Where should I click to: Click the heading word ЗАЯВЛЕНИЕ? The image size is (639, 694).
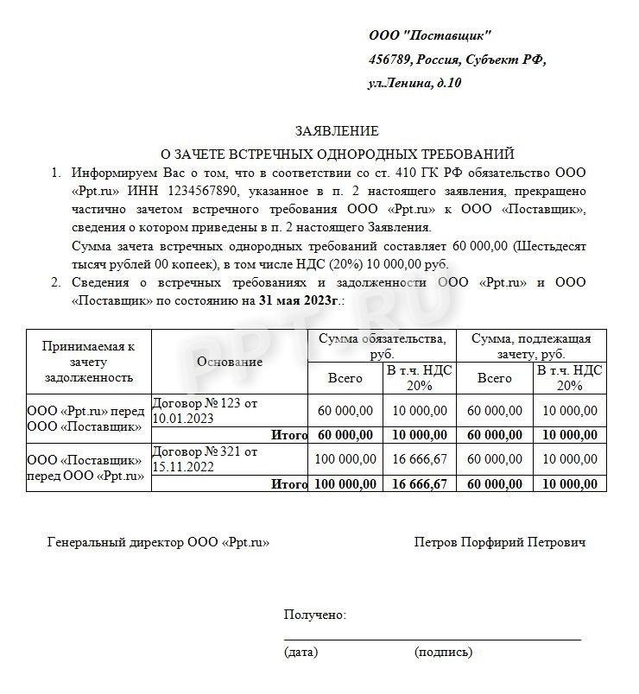pyautogui.click(x=337, y=131)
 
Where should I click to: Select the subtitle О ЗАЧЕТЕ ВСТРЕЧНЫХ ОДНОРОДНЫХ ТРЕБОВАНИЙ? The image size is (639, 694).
pyautogui.click(x=337, y=153)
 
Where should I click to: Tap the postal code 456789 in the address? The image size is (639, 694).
pyautogui.click(x=389, y=60)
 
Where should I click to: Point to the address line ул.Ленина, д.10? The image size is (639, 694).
pyautogui.click(x=414, y=84)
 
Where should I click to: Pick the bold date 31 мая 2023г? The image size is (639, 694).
pyautogui.click(x=299, y=301)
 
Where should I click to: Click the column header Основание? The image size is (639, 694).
pyautogui.click(x=230, y=362)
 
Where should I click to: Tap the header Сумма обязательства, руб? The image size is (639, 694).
pyautogui.click(x=383, y=345)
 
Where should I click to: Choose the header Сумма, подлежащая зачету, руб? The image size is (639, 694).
pyautogui.click(x=531, y=345)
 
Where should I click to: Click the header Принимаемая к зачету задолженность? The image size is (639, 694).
pyautogui.click(x=89, y=362)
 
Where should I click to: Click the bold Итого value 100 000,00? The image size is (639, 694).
pyautogui.click(x=345, y=484)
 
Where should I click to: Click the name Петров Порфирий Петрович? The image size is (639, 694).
pyautogui.click(x=500, y=543)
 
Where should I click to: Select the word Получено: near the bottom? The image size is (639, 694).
pyautogui.click(x=315, y=615)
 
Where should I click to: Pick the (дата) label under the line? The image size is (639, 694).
pyautogui.click(x=301, y=653)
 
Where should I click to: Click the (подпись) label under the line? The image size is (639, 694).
pyautogui.click(x=443, y=653)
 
